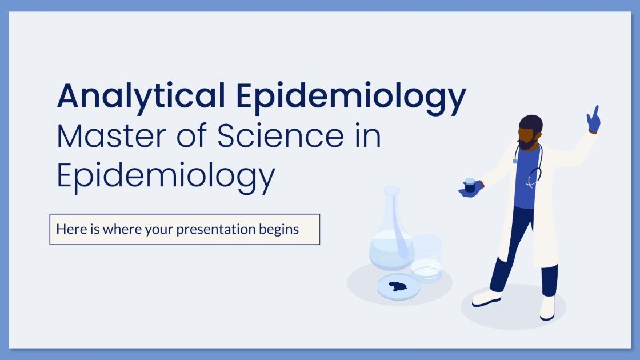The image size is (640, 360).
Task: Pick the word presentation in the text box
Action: click(x=218, y=230)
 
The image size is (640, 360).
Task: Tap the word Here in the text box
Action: click(x=69, y=230)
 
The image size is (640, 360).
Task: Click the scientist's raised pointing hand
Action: click(x=593, y=119)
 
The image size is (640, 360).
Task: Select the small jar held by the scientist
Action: click(x=470, y=185)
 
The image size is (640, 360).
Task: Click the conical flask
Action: click(x=391, y=234)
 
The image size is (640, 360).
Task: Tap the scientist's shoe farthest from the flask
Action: click(x=547, y=309)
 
